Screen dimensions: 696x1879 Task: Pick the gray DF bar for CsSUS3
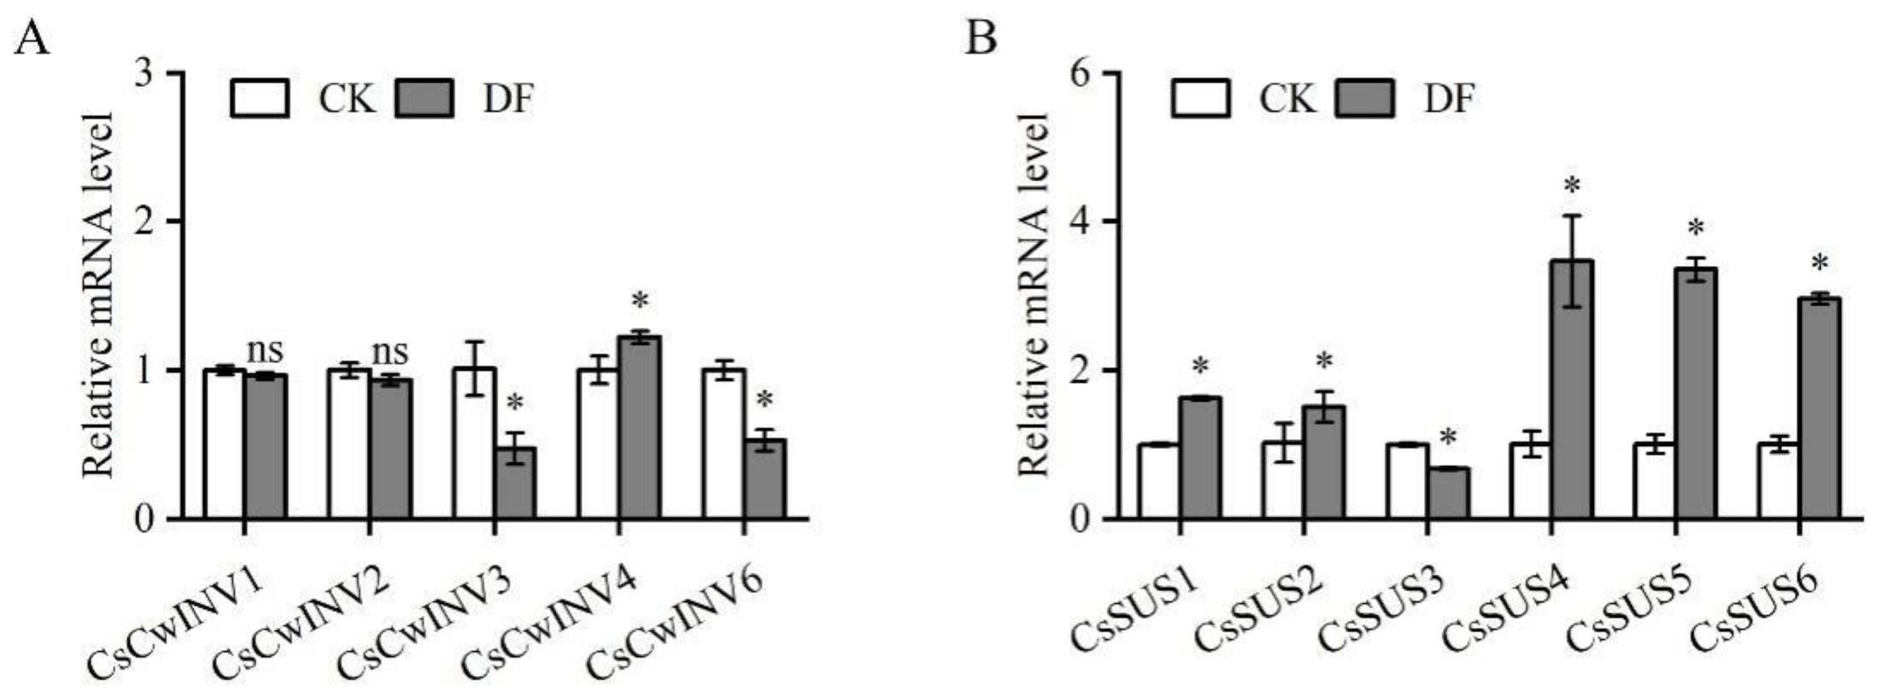(1448, 493)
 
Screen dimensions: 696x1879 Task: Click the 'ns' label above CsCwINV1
(265, 351)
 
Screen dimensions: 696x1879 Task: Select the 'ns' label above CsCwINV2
(390, 353)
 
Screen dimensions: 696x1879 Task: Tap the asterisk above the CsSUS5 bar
(1696, 229)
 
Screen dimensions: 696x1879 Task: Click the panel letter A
(32, 38)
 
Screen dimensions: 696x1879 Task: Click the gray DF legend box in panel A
(425, 99)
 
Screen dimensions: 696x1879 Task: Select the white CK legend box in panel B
(1201, 99)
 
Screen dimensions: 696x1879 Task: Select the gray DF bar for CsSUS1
(1200, 457)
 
